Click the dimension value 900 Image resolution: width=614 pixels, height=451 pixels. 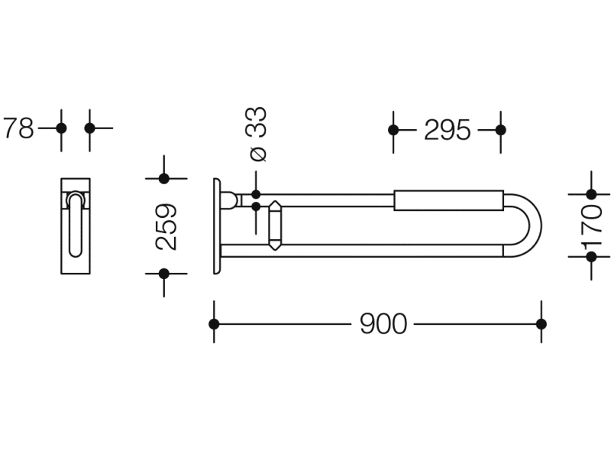(x=383, y=324)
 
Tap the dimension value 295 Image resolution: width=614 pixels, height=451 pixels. (x=448, y=130)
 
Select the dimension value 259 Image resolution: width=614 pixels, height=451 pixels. (x=166, y=226)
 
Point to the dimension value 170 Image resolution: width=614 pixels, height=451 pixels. (x=592, y=226)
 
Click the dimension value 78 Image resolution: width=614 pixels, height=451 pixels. (x=18, y=128)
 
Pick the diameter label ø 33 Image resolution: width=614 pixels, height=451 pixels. (x=257, y=134)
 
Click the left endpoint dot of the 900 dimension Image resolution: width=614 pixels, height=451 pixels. (x=214, y=324)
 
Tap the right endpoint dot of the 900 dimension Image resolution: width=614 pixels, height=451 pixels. (x=541, y=324)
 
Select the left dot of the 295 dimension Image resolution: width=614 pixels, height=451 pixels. (x=393, y=130)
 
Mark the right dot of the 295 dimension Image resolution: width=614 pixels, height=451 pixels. (x=500, y=130)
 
